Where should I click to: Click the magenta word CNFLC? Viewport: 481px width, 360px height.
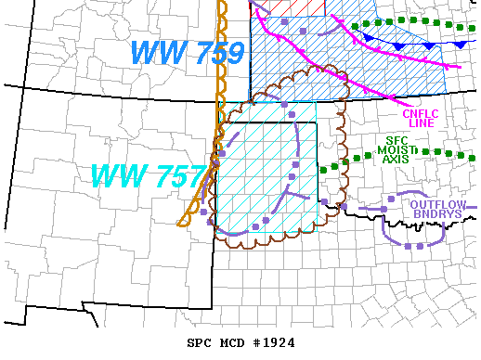click(421, 113)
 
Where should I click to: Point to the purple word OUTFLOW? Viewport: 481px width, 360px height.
click(437, 204)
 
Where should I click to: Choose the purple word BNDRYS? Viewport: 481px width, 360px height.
click(437, 214)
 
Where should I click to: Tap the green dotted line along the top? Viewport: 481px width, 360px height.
click(418, 21)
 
